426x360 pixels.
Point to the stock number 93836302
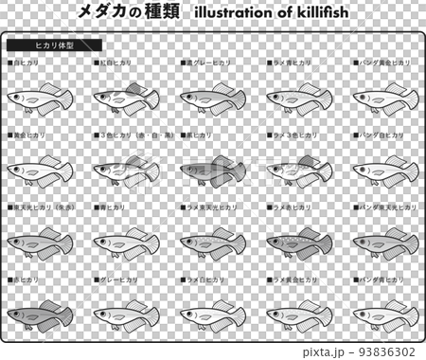pos(382,351)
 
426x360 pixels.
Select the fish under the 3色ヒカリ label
pos(126,171)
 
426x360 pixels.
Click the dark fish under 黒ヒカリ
pos(213,171)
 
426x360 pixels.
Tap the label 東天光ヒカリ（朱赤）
pos(41,206)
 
